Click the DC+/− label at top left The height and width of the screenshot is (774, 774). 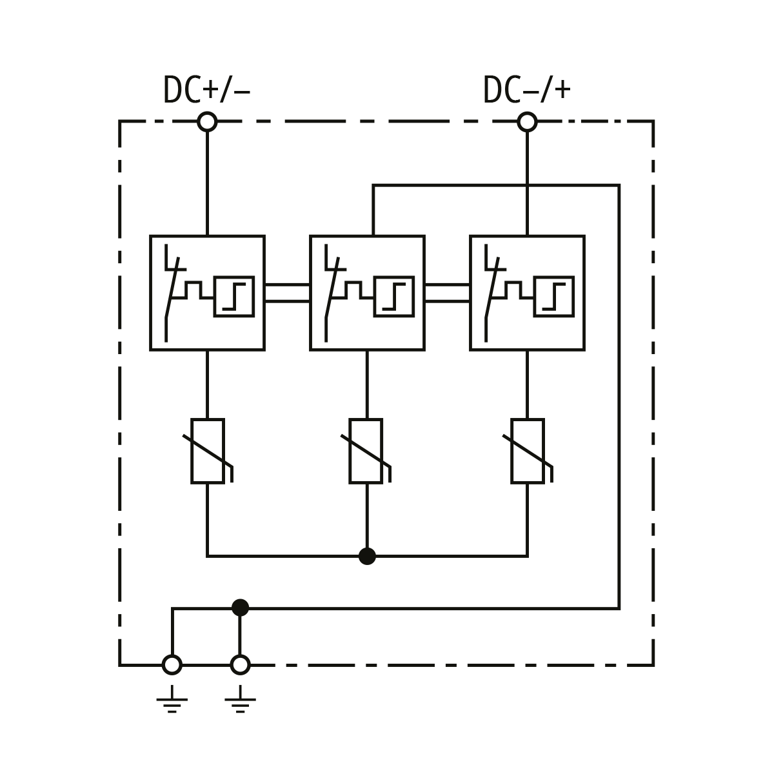(x=206, y=90)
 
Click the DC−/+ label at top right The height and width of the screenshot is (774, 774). (x=526, y=90)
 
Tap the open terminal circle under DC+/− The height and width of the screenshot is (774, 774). (x=207, y=121)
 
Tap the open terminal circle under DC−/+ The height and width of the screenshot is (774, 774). (x=527, y=121)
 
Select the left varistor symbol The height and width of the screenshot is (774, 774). (x=208, y=451)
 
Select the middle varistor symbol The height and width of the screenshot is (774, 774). (x=366, y=451)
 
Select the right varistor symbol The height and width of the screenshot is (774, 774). (x=528, y=451)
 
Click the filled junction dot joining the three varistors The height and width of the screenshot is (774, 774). (x=367, y=555)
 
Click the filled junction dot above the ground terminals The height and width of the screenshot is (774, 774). (x=240, y=608)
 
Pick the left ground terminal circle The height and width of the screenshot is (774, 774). (x=172, y=664)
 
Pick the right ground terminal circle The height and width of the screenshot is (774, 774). (x=240, y=664)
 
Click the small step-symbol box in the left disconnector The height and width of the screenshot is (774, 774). (x=233, y=297)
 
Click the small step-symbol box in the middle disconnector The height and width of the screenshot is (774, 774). (x=393, y=297)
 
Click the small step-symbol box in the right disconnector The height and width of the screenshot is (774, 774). (x=553, y=297)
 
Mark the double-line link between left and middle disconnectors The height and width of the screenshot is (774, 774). (x=287, y=293)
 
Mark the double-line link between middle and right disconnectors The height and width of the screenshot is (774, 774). (x=447, y=293)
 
